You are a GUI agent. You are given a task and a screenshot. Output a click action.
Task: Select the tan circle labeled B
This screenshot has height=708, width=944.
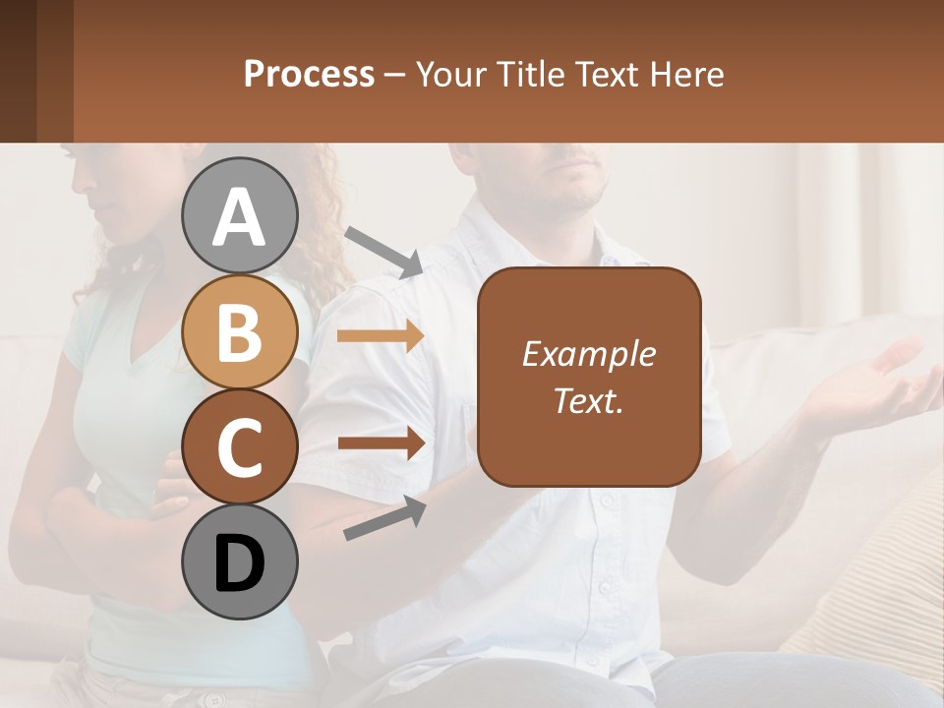coord(239,332)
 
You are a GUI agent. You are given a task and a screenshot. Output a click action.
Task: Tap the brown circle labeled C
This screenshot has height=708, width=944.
coord(239,446)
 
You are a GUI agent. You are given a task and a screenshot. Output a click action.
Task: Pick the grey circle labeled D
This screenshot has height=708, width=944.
coord(239,562)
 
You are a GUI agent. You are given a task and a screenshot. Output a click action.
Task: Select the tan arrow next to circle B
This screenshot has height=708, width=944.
coord(381,336)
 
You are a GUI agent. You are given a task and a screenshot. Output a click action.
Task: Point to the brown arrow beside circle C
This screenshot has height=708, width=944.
coord(381,442)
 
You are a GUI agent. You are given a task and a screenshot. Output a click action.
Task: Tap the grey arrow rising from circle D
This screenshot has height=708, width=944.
coord(384,518)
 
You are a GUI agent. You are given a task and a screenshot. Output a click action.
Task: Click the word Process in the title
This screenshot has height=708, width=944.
coord(309,74)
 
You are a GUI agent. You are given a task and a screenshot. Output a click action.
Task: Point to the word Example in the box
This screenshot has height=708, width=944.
coord(588,354)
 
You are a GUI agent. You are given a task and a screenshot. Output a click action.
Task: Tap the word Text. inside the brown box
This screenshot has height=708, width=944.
coord(588,400)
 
